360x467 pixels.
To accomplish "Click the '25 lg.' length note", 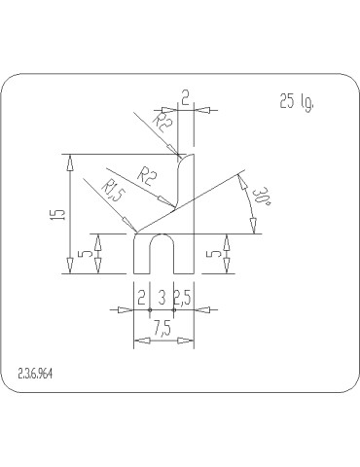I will tap(298, 101).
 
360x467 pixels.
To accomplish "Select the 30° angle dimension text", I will tap(260, 201).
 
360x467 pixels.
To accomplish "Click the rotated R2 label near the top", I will tap(163, 123).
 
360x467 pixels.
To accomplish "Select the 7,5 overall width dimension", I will tap(161, 330).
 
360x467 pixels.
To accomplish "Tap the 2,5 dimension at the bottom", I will tap(182, 298).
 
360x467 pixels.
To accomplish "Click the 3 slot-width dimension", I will tap(162, 298).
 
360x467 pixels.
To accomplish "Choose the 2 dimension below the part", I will tap(141, 298).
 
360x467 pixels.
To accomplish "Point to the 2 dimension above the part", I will tap(185, 96).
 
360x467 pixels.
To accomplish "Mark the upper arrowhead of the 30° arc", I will tap(239, 176).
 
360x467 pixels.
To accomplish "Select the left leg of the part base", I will tap(141, 255).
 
